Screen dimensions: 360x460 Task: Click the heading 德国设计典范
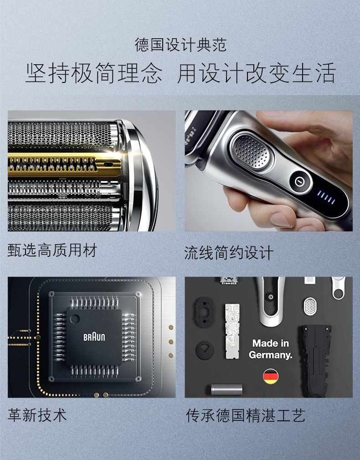point(180,45)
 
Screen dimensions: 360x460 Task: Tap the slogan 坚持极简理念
point(94,73)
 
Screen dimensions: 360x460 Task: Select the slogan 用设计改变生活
point(257,73)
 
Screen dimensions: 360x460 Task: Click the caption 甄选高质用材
point(52,250)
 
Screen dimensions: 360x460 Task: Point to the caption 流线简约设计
point(229,253)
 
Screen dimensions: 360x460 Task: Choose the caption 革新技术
point(37,415)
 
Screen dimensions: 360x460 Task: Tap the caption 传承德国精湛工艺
point(246,415)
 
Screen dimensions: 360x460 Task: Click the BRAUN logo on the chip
point(94,337)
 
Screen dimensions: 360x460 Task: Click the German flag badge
point(270,376)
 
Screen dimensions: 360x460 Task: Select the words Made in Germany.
point(270,349)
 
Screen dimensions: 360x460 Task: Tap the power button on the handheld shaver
point(299,182)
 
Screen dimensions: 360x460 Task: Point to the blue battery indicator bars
point(326,198)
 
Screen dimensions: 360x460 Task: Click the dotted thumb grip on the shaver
point(252,152)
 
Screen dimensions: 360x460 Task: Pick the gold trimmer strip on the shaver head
point(65,164)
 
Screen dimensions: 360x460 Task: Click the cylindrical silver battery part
point(226,389)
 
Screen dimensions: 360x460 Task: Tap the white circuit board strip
point(232,331)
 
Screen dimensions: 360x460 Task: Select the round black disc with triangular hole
point(204,350)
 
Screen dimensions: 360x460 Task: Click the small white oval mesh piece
point(310,306)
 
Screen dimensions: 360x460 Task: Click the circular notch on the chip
point(75,319)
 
